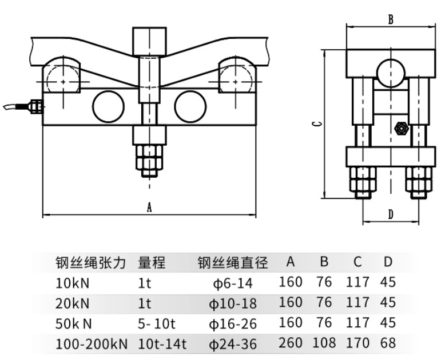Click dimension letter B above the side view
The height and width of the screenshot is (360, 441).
click(391, 19)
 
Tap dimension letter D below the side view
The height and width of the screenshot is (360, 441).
click(391, 215)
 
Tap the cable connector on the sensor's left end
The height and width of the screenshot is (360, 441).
click(36, 106)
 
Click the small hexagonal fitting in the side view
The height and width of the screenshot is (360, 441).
click(400, 128)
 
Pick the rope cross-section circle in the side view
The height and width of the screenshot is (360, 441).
click(391, 71)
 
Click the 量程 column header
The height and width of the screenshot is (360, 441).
click(152, 263)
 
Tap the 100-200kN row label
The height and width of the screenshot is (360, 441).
click(92, 344)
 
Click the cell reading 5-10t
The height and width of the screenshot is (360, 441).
click(157, 323)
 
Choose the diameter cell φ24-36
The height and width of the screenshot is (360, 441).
click(231, 344)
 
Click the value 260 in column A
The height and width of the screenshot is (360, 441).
click(291, 343)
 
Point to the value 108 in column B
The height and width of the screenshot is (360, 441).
click(324, 343)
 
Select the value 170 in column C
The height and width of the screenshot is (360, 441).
click(357, 343)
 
